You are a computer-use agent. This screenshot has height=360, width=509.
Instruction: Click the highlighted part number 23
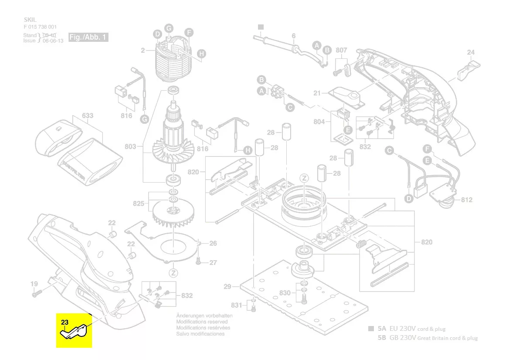64,322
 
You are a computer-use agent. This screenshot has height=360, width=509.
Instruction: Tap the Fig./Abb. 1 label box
88,37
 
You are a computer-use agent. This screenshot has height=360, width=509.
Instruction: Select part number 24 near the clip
471,53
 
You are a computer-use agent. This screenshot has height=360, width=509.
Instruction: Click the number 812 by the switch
466,200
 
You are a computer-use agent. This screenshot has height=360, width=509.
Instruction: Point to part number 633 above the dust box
88,116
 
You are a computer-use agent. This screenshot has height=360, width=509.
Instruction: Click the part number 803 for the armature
130,147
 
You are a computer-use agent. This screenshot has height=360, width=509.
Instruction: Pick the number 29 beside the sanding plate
227,287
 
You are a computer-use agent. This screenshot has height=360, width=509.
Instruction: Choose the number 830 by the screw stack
285,293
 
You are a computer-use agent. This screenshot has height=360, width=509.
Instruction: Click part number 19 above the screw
34,284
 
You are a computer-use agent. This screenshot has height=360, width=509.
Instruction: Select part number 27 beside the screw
213,263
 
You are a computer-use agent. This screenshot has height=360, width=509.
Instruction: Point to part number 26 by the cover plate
213,244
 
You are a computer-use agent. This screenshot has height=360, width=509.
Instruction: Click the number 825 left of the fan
139,204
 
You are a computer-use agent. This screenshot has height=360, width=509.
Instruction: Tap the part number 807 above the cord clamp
342,50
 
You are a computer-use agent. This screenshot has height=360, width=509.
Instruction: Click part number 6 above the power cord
293,36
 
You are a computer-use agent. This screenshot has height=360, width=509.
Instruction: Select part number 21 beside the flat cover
317,93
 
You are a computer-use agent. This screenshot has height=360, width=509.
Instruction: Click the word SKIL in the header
30,20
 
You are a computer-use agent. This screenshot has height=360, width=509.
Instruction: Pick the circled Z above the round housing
305,178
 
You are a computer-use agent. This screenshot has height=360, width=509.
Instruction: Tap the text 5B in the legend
382,338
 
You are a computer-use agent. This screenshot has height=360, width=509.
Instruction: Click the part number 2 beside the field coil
143,51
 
